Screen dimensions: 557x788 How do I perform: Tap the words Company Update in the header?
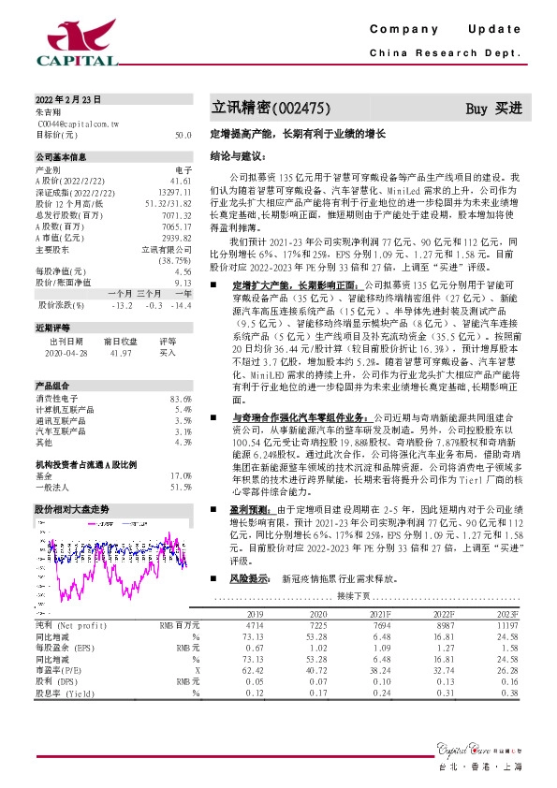point(445,29)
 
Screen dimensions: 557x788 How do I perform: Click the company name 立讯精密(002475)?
point(271,109)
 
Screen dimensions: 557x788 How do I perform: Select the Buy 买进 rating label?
point(493,109)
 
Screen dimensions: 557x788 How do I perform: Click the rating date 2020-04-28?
point(64,353)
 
